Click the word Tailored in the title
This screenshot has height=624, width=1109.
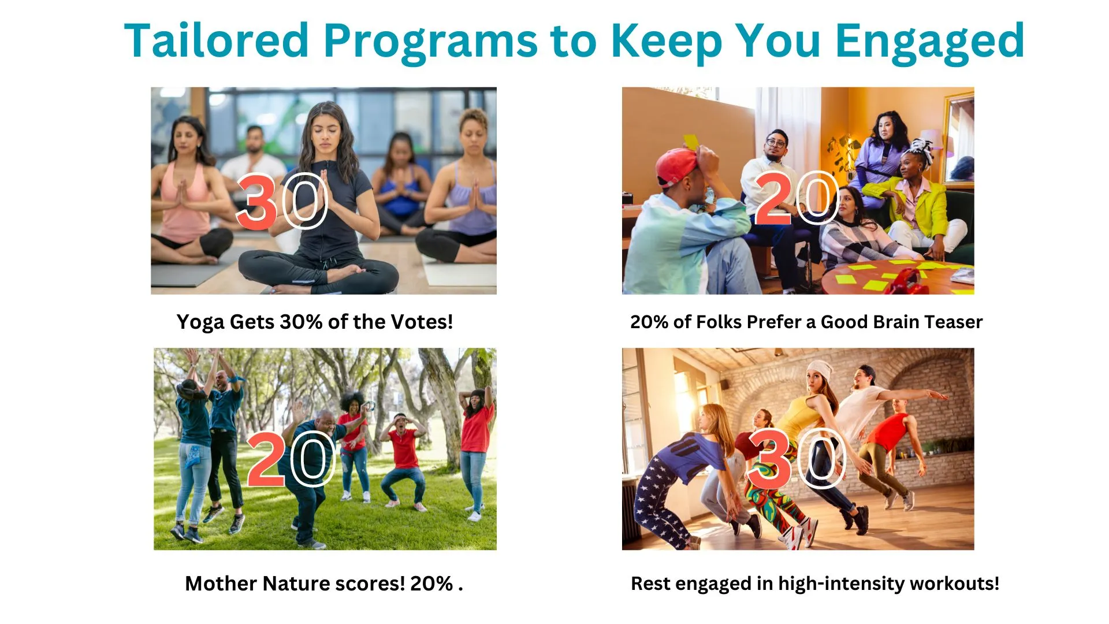coord(217,40)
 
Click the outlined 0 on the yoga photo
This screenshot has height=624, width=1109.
coord(307,201)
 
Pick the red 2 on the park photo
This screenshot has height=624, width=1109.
coord(266,460)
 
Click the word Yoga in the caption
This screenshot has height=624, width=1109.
coord(200,322)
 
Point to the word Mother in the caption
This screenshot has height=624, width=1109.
coord(220,584)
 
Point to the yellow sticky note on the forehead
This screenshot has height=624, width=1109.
coord(691,141)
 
